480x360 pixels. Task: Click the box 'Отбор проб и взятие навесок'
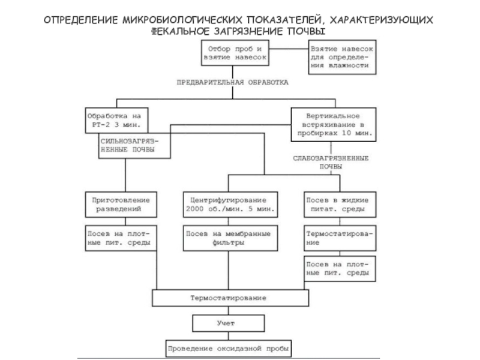[234, 53]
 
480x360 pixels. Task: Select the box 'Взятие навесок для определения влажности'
[343, 56]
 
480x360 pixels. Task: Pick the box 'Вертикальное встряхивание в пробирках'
[334, 124]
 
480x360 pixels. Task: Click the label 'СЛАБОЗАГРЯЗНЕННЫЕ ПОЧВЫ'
[331, 162]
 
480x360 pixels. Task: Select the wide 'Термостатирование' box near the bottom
[229, 298]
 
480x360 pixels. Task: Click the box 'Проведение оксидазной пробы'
[228, 348]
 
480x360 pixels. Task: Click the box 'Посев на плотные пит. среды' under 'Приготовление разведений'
[121, 238]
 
